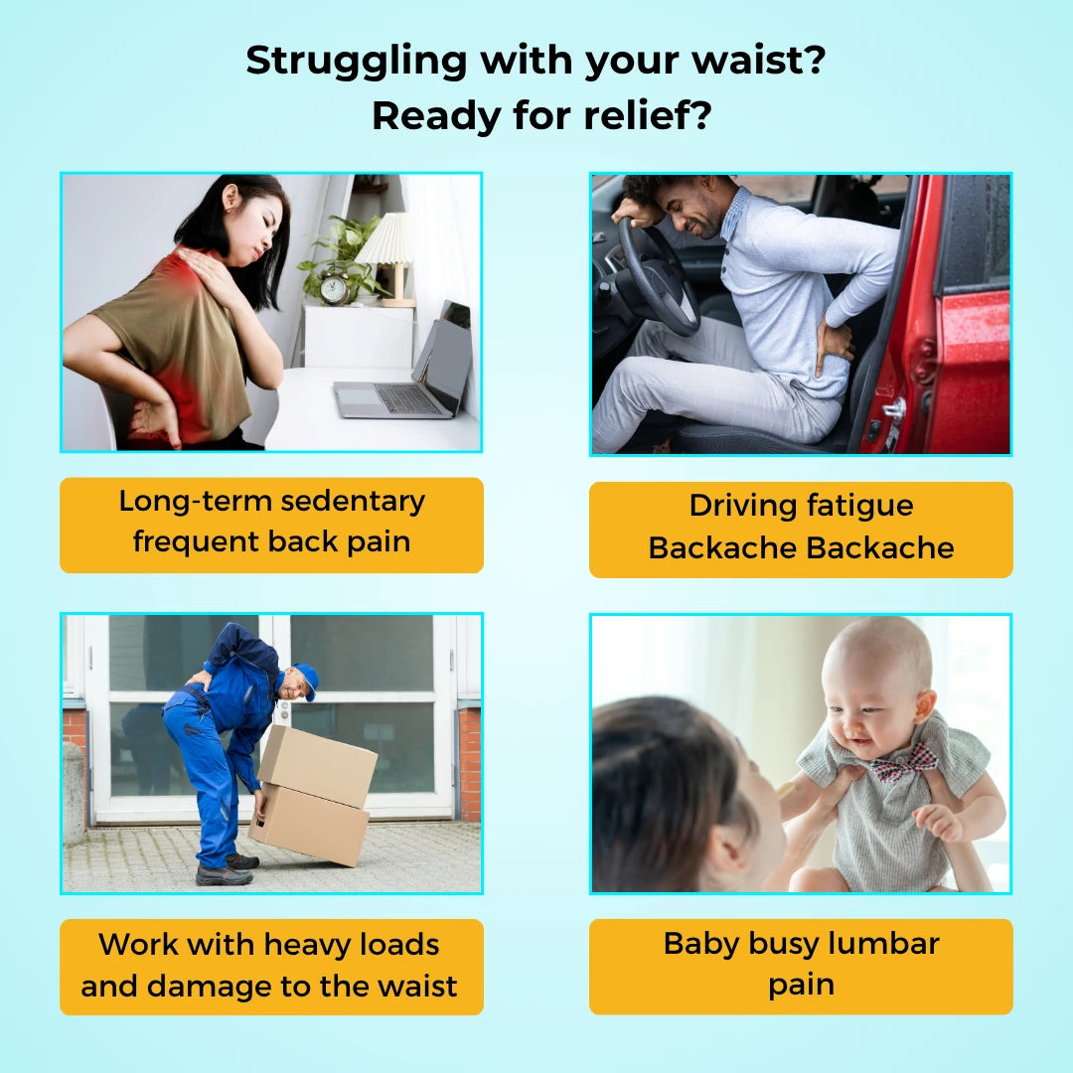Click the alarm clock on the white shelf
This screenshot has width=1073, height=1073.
coord(335,289)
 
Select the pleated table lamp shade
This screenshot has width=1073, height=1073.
coord(385,238)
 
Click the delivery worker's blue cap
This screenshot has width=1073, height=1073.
coord(307,680)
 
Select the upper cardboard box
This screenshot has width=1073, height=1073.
coord(318,766)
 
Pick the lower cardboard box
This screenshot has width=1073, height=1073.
coord(309,824)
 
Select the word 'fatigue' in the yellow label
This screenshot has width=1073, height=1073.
coord(859,506)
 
